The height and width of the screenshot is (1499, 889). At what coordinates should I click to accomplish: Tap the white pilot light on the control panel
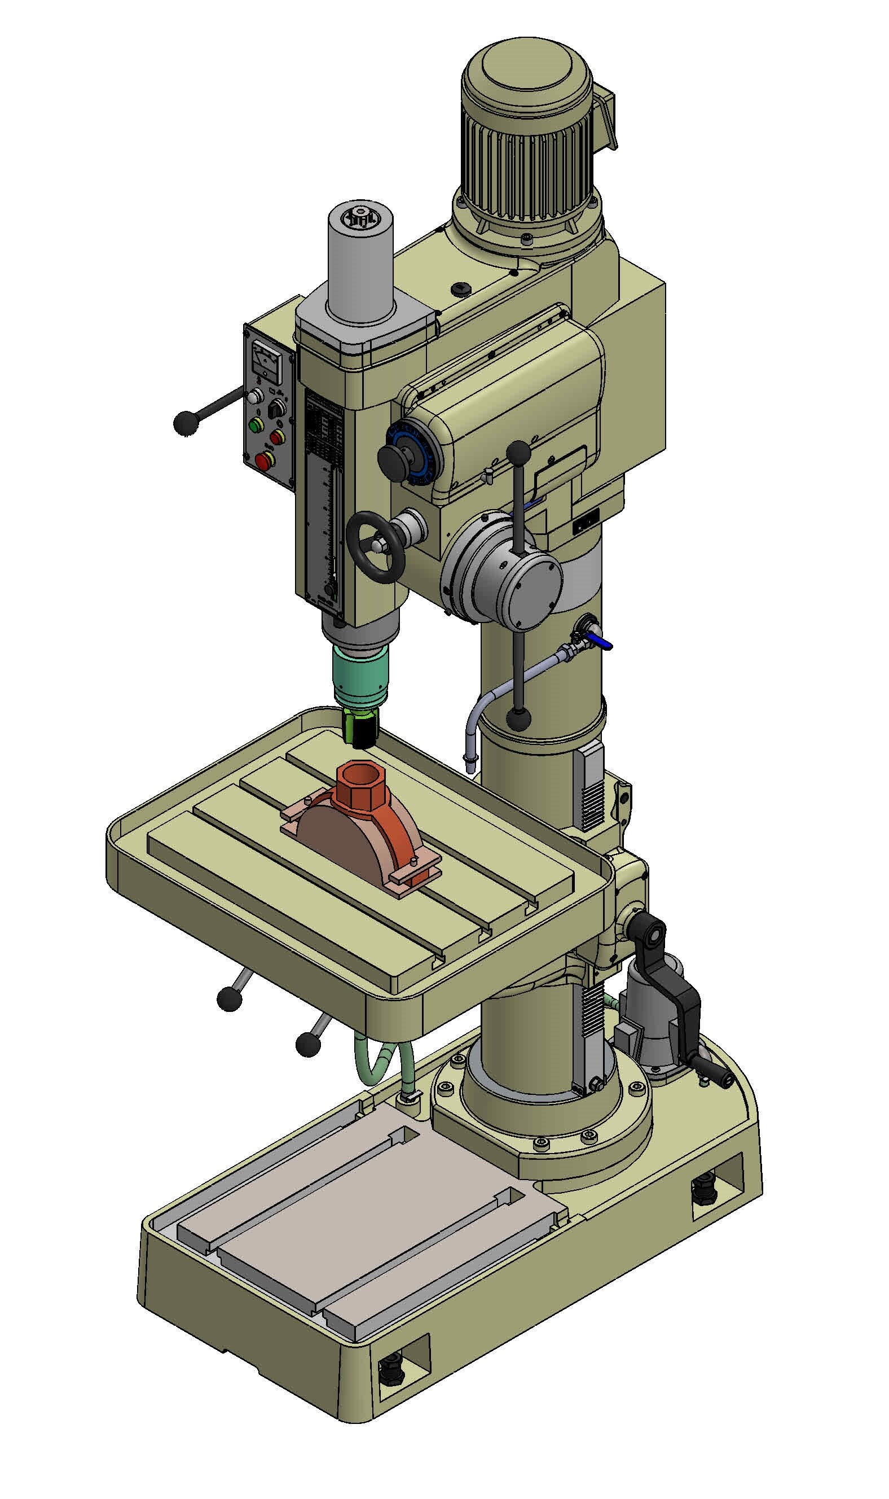(257, 396)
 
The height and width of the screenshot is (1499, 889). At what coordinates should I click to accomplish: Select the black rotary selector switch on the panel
(276, 410)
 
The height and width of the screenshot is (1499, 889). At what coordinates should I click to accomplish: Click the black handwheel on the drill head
(376, 547)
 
